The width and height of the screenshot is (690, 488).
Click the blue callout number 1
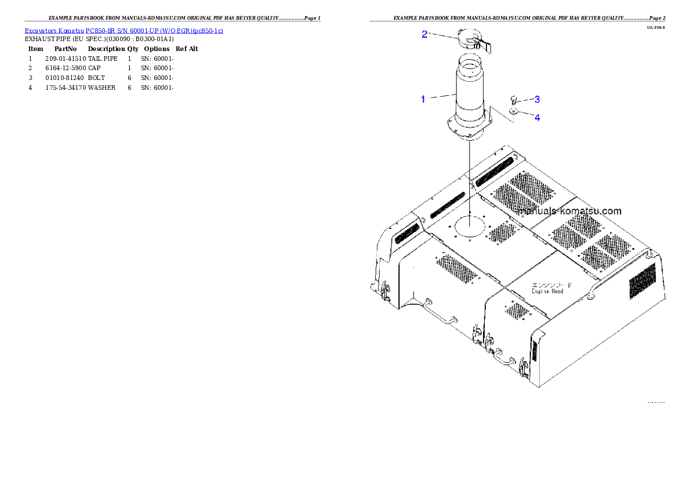(x=423, y=99)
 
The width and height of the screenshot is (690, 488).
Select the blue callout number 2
(x=424, y=34)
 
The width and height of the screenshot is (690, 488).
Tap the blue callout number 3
(x=537, y=99)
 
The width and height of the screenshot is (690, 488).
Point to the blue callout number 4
(x=537, y=118)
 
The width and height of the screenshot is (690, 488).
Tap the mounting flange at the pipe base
(x=469, y=128)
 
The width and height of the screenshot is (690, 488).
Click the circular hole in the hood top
(x=470, y=225)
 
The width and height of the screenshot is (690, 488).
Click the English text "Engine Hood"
(x=547, y=291)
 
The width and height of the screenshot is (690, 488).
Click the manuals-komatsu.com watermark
(x=570, y=211)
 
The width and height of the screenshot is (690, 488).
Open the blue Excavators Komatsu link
(x=124, y=30)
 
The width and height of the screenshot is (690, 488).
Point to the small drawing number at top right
(x=656, y=27)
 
